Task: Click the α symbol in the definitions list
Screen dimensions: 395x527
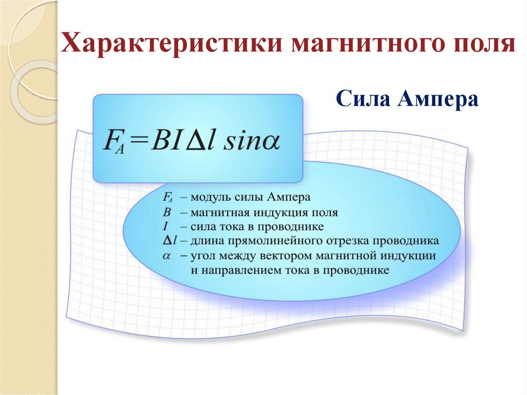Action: pos(166,255)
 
